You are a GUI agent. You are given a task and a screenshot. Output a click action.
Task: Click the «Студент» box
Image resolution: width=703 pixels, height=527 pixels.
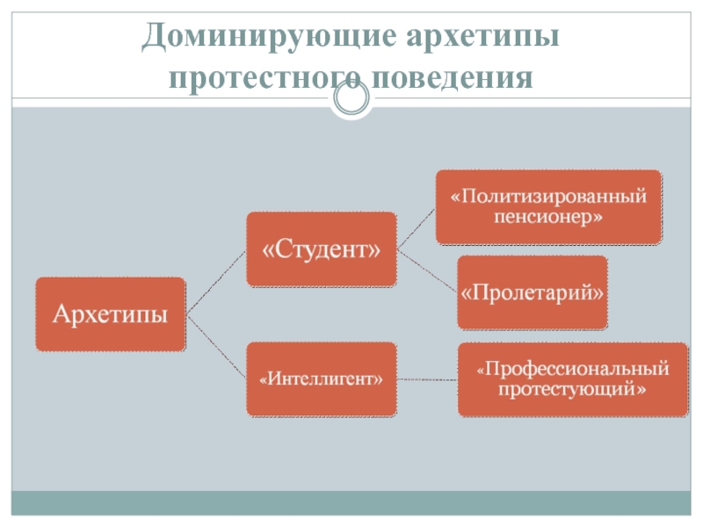[322, 249]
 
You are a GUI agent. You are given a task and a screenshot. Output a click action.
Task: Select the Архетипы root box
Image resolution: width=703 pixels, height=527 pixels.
[110, 314]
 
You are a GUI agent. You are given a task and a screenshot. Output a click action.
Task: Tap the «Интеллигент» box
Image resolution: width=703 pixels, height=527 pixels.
[322, 379]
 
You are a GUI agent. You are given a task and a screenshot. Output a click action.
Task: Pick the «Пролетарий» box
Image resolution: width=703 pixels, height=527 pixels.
[533, 292]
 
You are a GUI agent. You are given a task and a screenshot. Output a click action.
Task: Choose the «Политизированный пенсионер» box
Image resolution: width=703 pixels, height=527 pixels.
[548, 206]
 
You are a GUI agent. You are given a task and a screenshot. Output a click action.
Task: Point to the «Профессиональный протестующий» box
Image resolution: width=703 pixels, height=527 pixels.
[572, 379]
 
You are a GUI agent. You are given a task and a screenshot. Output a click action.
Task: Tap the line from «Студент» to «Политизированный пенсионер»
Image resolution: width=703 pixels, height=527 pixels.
[417, 227]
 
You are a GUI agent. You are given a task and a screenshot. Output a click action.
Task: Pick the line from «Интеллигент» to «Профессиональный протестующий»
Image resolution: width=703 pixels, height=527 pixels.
[427, 379]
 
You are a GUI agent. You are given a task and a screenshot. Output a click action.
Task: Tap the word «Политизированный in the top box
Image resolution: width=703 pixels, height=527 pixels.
[548, 195]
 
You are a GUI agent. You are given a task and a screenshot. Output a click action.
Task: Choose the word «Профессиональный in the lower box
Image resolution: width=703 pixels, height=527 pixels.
[572, 367]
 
